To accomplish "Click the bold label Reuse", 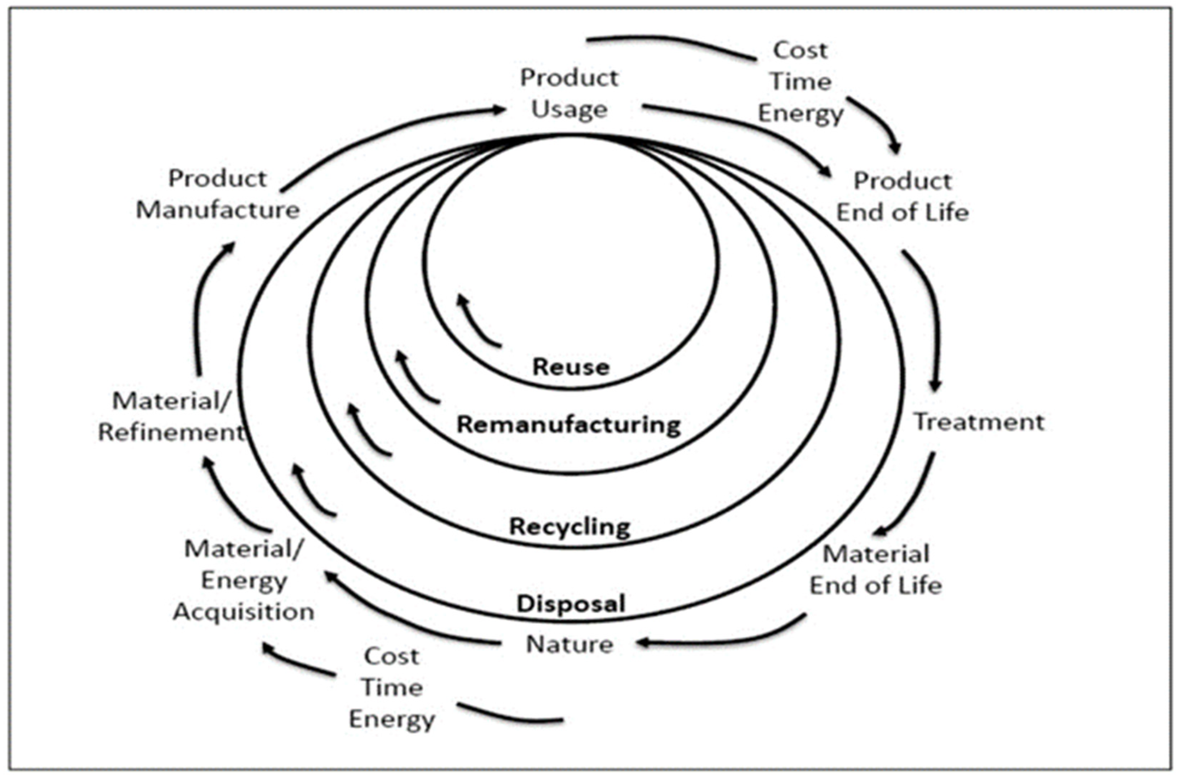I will [x=570, y=367].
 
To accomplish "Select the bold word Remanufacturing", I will [x=569, y=425].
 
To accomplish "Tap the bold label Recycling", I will [x=570, y=527].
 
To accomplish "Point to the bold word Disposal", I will [x=570, y=604].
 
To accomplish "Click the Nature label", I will [x=570, y=644].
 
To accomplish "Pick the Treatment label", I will [x=978, y=422].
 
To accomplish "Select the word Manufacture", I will [x=218, y=210].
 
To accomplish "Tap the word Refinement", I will [x=171, y=432].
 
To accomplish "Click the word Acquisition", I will [x=243, y=612].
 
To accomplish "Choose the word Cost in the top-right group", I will [x=800, y=50].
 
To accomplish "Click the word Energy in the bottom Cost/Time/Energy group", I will [x=392, y=719].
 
